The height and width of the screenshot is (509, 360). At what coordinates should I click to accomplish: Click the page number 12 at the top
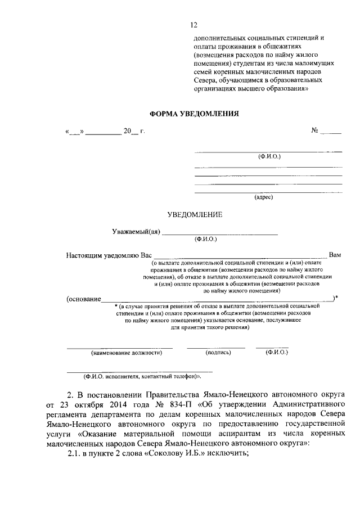pos(194,25)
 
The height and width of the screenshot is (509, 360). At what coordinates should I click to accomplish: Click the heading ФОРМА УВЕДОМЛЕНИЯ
pos(194,113)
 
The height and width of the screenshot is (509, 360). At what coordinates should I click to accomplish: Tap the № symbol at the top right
pos(315,131)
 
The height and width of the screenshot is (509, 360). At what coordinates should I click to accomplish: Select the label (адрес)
pos(263,197)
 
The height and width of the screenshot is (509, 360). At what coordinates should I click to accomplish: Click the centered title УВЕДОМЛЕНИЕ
pos(195,214)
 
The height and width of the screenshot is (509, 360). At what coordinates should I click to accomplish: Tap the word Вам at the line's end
pos(335,255)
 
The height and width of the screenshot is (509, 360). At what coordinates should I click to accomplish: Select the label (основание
pos(83,298)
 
